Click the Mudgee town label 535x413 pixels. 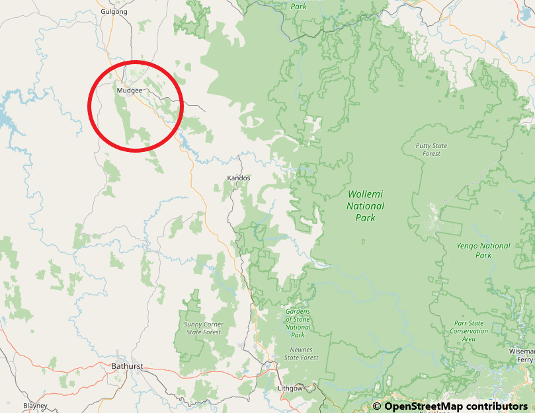click(x=129, y=90)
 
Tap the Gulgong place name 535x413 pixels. click(x=114, y=12)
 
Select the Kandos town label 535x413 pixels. click(x=238, y=178)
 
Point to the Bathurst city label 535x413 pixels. click(x=127, y=366)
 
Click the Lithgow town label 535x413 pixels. click(x=290, y=388)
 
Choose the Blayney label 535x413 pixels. click(x=35, y=405)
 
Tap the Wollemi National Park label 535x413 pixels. click(x=366, y=206)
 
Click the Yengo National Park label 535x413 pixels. click(x=483, y=250)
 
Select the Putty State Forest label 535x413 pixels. click(x=431, y=149)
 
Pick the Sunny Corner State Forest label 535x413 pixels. click(x=204, y=328)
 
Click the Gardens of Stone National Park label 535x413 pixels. click(x=298, y=323)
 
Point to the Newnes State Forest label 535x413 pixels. click(x=301, y=354)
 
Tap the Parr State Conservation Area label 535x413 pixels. click(x=469, y=331)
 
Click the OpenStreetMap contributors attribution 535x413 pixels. click(x=450, y=406)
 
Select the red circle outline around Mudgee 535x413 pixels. click(x=135, y=61)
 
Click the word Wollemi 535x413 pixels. click(x=366, y=194)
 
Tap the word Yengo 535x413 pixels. click(x=470, y=246)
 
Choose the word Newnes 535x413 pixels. click(x=301, y=350)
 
